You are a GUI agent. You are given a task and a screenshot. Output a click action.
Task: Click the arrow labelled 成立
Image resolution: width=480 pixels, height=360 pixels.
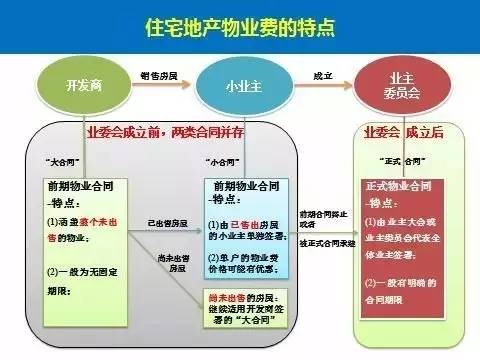point(322,76)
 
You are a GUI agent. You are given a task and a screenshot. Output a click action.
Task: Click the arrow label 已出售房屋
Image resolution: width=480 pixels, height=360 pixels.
point(167,221)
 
